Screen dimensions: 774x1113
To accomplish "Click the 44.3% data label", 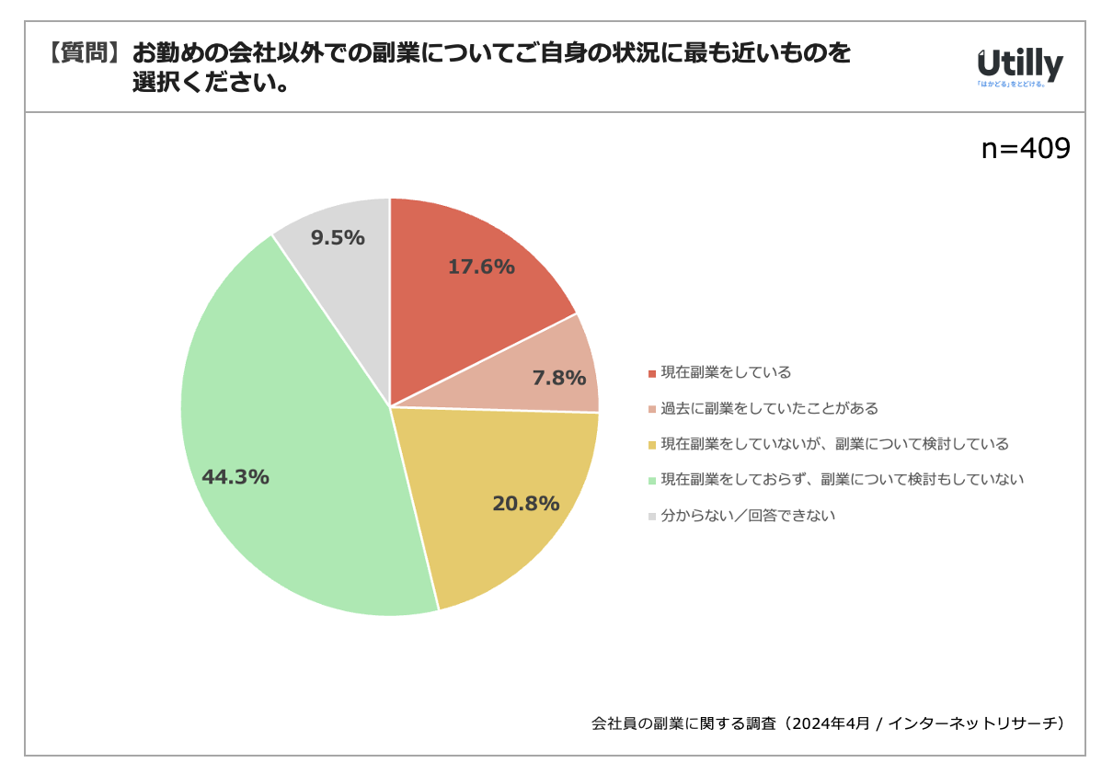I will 235,477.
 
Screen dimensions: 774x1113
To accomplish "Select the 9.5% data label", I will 338,238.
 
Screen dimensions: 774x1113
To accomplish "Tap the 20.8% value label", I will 526,504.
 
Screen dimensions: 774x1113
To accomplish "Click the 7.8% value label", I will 559,377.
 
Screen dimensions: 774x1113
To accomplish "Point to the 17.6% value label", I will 481,267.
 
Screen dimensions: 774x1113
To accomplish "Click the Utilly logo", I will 1019,67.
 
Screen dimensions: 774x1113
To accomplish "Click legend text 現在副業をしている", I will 726,372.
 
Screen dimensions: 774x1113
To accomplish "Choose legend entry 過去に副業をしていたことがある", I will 769,408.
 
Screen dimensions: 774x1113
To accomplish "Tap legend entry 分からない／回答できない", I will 748,516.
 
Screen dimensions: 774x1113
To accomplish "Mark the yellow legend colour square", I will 652,445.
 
